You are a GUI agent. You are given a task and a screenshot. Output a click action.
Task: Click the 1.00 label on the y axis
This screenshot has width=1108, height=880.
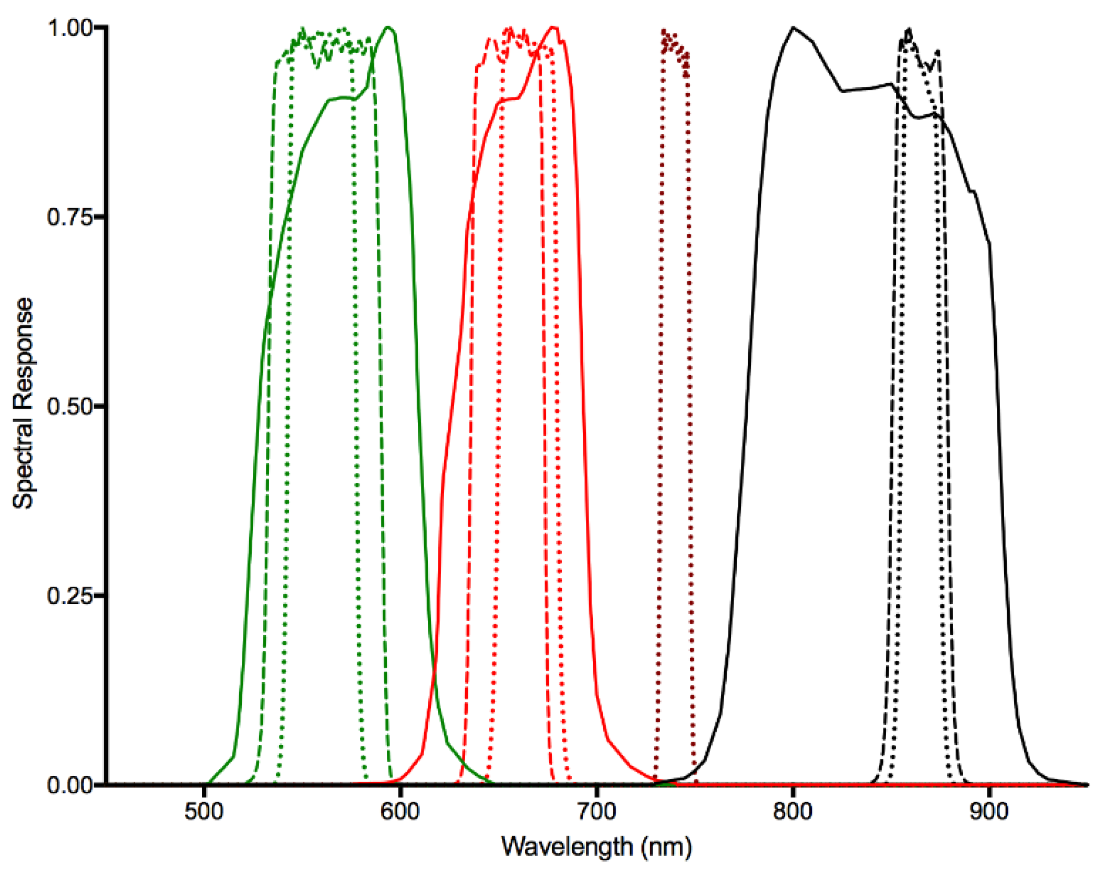[x=70, y=27]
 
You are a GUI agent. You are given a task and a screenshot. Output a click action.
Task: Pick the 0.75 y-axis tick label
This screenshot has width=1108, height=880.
[x=70, y=217]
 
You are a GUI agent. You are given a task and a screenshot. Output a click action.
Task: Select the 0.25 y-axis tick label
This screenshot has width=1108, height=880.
[x=70, y=595]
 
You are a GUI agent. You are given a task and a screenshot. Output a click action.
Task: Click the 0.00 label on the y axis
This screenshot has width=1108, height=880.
[x=70, y=784]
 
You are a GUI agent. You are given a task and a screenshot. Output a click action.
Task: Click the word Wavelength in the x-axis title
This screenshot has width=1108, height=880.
[x=567, y=847]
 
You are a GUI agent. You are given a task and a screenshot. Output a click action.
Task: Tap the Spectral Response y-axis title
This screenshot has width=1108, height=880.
[x=23, y=403]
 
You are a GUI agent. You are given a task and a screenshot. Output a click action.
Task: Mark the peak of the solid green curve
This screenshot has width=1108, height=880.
[x=388, y=27]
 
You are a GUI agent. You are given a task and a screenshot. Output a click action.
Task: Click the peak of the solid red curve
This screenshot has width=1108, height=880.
[x=555, y=27]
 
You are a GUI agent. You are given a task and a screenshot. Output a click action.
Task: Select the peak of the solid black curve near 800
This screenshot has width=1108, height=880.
[x=793, y=28]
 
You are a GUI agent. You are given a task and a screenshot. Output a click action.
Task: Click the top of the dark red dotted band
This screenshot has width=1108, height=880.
[x=664, y=31]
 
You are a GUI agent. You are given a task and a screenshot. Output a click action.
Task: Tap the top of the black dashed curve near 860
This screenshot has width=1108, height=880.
[x=910, y=30]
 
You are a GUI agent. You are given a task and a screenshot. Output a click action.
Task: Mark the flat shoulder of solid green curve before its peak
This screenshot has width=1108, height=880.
[x=342, y=98]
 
